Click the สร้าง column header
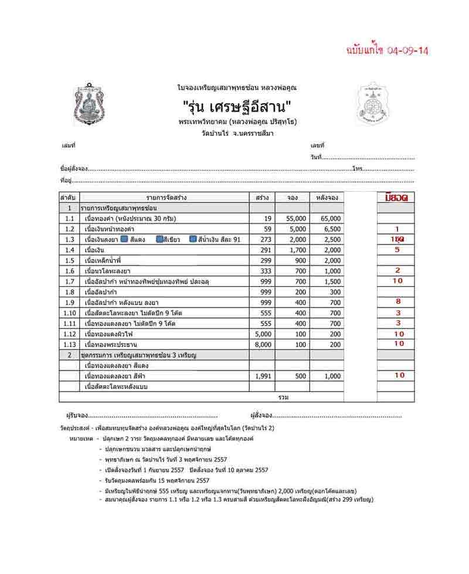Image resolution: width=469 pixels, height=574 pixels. [262, 198]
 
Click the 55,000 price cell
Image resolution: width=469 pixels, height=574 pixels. [294, 219]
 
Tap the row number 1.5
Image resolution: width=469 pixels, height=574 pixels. [70, 260]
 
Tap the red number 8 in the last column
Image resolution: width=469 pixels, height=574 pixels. [397, 302]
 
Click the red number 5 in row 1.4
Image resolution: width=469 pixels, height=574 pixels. [397, 250]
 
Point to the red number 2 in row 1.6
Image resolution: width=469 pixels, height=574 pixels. [397, 271]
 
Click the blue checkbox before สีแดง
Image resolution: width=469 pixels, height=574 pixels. [124, 239]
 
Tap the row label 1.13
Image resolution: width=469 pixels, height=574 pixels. [70, 344]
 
